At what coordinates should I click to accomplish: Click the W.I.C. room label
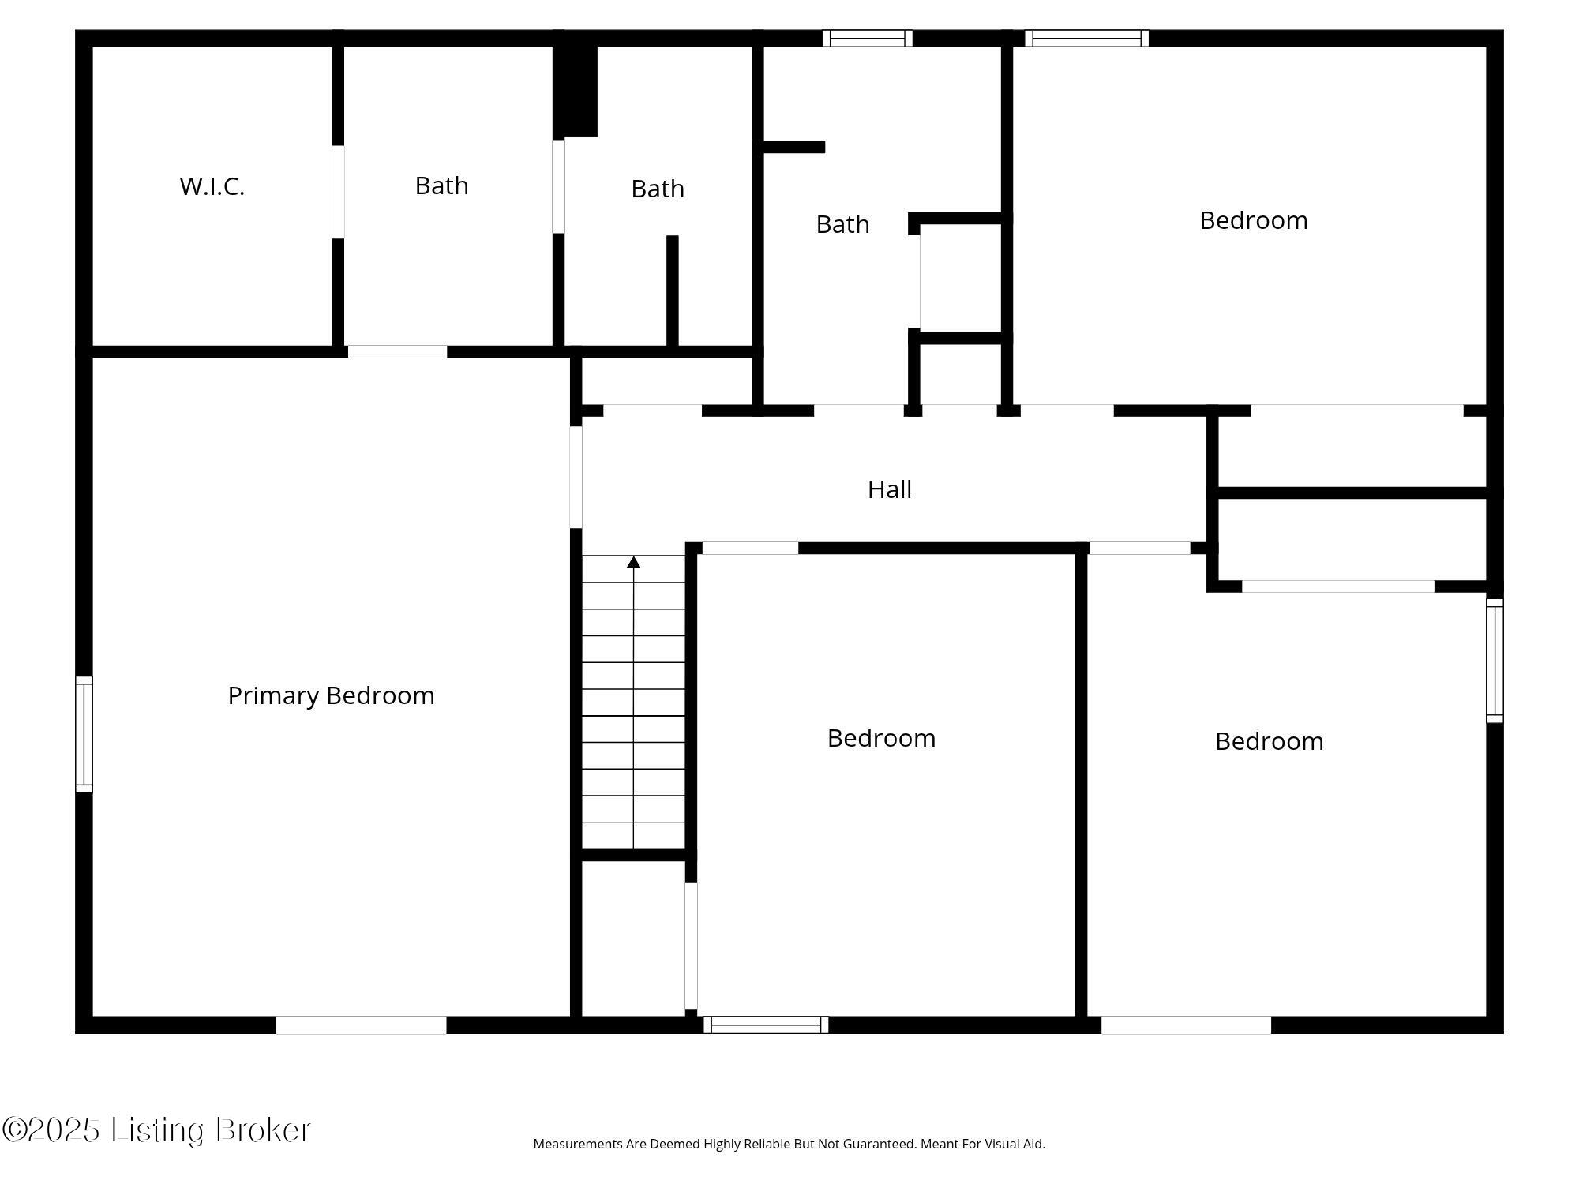pos(212,186)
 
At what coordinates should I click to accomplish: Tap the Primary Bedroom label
pos(331,695)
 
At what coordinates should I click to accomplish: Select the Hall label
pos(890,489)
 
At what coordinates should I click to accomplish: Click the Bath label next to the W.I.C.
pos(441,185)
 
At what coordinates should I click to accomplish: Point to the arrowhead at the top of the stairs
pos(633,562)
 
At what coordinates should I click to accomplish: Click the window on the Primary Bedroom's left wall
pos(84,734)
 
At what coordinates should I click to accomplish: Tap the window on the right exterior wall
pos(1495,661)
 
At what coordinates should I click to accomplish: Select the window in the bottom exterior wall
pos(766,1025)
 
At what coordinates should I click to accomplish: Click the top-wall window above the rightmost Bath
pos(867,38)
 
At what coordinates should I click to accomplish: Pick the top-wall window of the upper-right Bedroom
pos(1086,38)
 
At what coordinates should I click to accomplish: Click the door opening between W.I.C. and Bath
pos(338,192)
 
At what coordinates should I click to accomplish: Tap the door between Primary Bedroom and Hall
pos(576,477)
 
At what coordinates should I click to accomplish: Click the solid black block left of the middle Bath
pos(575,92)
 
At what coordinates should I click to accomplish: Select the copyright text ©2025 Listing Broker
pos(156,1130)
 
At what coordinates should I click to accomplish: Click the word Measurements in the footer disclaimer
pos(579,1144)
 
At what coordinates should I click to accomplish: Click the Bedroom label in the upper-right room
pos(1254,220)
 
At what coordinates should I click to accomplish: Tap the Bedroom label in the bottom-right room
pos(1269,741)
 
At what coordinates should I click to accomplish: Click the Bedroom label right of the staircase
pos(881,738)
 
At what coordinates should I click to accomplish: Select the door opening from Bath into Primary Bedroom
pos(397,351)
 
